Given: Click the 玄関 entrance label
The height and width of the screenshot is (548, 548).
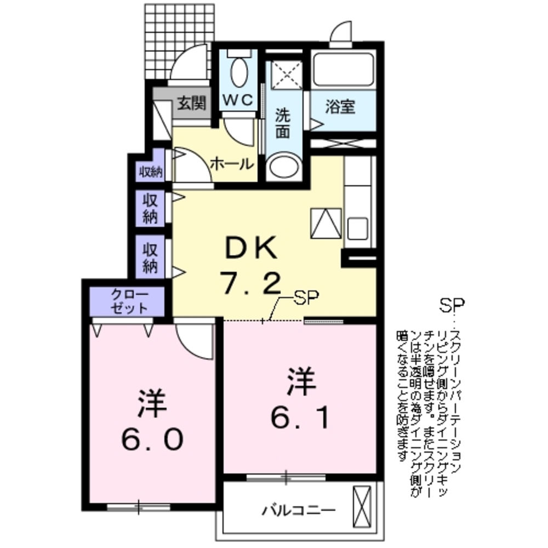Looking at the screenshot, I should tap(191, 103).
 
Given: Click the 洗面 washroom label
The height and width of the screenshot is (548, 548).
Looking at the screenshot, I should tap(282, 124).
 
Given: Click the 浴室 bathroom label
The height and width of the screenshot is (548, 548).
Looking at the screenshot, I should tap(340, 107).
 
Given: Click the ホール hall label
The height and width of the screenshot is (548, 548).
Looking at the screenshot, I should tap(231, 163).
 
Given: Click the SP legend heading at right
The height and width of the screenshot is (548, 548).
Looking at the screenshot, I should tap(452, 304).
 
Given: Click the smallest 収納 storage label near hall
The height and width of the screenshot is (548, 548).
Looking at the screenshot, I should tap(150, 172).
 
